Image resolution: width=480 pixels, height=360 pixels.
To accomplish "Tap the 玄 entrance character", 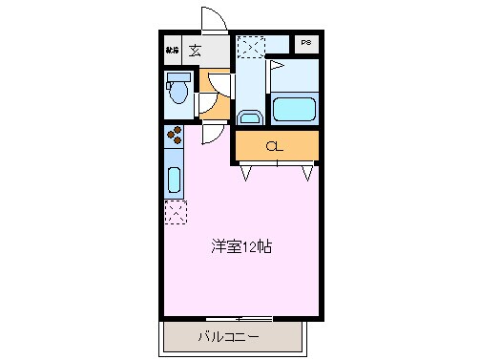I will pos(194,50).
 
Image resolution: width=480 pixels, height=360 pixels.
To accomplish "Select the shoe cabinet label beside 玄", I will pos(173,50).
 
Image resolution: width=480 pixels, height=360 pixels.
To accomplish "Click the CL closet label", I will pos(275,146).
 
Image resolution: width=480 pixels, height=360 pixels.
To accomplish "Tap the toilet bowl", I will pos(177,93).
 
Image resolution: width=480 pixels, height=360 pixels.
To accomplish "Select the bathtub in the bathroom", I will pos(295,108).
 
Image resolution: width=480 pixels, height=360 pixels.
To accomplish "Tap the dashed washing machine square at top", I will pos(251,47).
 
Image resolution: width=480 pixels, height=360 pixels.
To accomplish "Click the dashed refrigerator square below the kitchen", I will pos(176,212).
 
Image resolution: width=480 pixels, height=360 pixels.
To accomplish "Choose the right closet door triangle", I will pos(307,172).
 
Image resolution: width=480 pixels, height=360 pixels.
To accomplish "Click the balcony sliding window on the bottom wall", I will pos(239,317).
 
